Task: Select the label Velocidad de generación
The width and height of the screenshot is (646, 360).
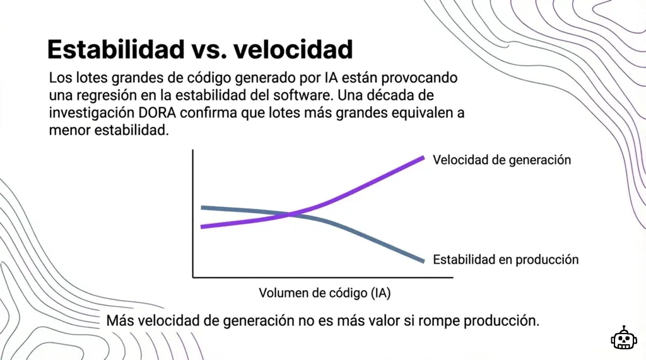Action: (502, 160)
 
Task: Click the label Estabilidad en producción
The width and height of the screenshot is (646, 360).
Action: (505, 259)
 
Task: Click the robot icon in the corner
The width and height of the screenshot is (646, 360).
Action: (623, 339)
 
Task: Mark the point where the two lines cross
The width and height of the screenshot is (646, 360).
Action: (290, 214)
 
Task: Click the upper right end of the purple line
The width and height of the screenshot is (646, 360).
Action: (423, 158)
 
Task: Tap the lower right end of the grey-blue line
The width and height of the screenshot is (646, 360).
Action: (423, 260)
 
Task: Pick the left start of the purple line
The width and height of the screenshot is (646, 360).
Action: (203, 226)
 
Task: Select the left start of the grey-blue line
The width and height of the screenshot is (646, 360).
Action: (203, 207)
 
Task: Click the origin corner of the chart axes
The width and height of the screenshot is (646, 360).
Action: (193, 277)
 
